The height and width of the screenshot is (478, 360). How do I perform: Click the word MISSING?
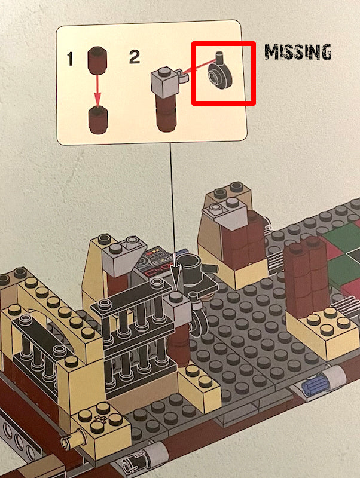pos(298,52)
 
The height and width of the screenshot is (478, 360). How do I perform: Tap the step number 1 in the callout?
pos(70,59)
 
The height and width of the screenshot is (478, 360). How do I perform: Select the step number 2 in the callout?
pos(135,57)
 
